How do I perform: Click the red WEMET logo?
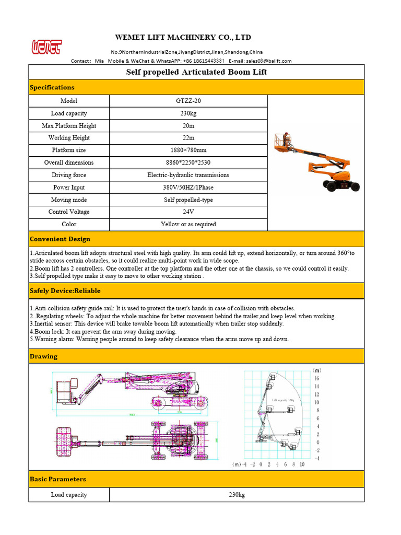tap(45, 46)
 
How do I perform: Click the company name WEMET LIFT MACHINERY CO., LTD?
tap(183, 37)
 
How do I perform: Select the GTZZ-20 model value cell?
tap(188, 101)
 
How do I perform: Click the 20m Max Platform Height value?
tap(188, 125)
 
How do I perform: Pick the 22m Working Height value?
tap(188, 138)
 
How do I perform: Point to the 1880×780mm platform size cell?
tap(188, 150)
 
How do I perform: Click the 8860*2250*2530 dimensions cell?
tap(188, 162)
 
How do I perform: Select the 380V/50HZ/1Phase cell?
tap(188, 187)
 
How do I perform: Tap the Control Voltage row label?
tap(69, 212)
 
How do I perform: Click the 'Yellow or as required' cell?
tap(188, 224)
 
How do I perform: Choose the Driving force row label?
tap(69, 175)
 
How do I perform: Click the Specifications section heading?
tap(52, 87)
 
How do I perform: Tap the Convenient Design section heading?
tap(60, 239)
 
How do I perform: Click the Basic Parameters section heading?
tap(58, 479)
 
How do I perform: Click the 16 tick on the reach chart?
tap(316, 378)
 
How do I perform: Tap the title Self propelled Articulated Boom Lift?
tap(196, 72)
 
